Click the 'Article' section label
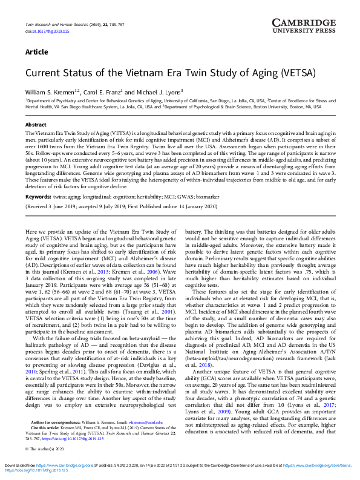(x=37, y=51)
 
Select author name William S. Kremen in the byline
(x=53, y=91)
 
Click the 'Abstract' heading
(x=36, y=124)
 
